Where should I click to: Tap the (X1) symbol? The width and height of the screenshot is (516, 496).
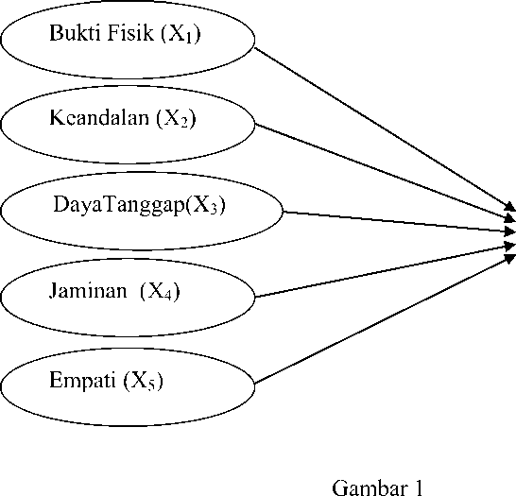pos(181,34)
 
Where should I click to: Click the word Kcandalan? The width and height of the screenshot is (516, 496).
pos(99,117)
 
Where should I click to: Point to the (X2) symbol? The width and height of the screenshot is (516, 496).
pos(176,119)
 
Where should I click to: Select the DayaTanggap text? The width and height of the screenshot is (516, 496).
pos(119,206)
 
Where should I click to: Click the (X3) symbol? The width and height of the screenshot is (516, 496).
pos(206,206)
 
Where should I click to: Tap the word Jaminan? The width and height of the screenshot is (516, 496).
pos(88,291)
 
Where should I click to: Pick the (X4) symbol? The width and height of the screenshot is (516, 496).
pos(161,291)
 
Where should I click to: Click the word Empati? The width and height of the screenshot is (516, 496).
pos(82,381)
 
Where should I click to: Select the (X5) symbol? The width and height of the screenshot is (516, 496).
pos(143,382)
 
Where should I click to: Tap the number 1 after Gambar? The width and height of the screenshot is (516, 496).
pos(419,488)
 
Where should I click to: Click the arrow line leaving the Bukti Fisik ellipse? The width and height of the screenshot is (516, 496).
pos(386,129)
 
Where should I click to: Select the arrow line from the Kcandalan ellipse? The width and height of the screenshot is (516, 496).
pos(386,172)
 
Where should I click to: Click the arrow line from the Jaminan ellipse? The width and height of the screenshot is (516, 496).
pos(386,271)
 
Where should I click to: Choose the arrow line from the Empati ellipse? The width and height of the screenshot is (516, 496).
pos(386,318)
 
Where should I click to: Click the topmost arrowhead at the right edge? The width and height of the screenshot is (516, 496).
pos(510,207)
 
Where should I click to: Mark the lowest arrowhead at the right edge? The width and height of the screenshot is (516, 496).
pos(510,258)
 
